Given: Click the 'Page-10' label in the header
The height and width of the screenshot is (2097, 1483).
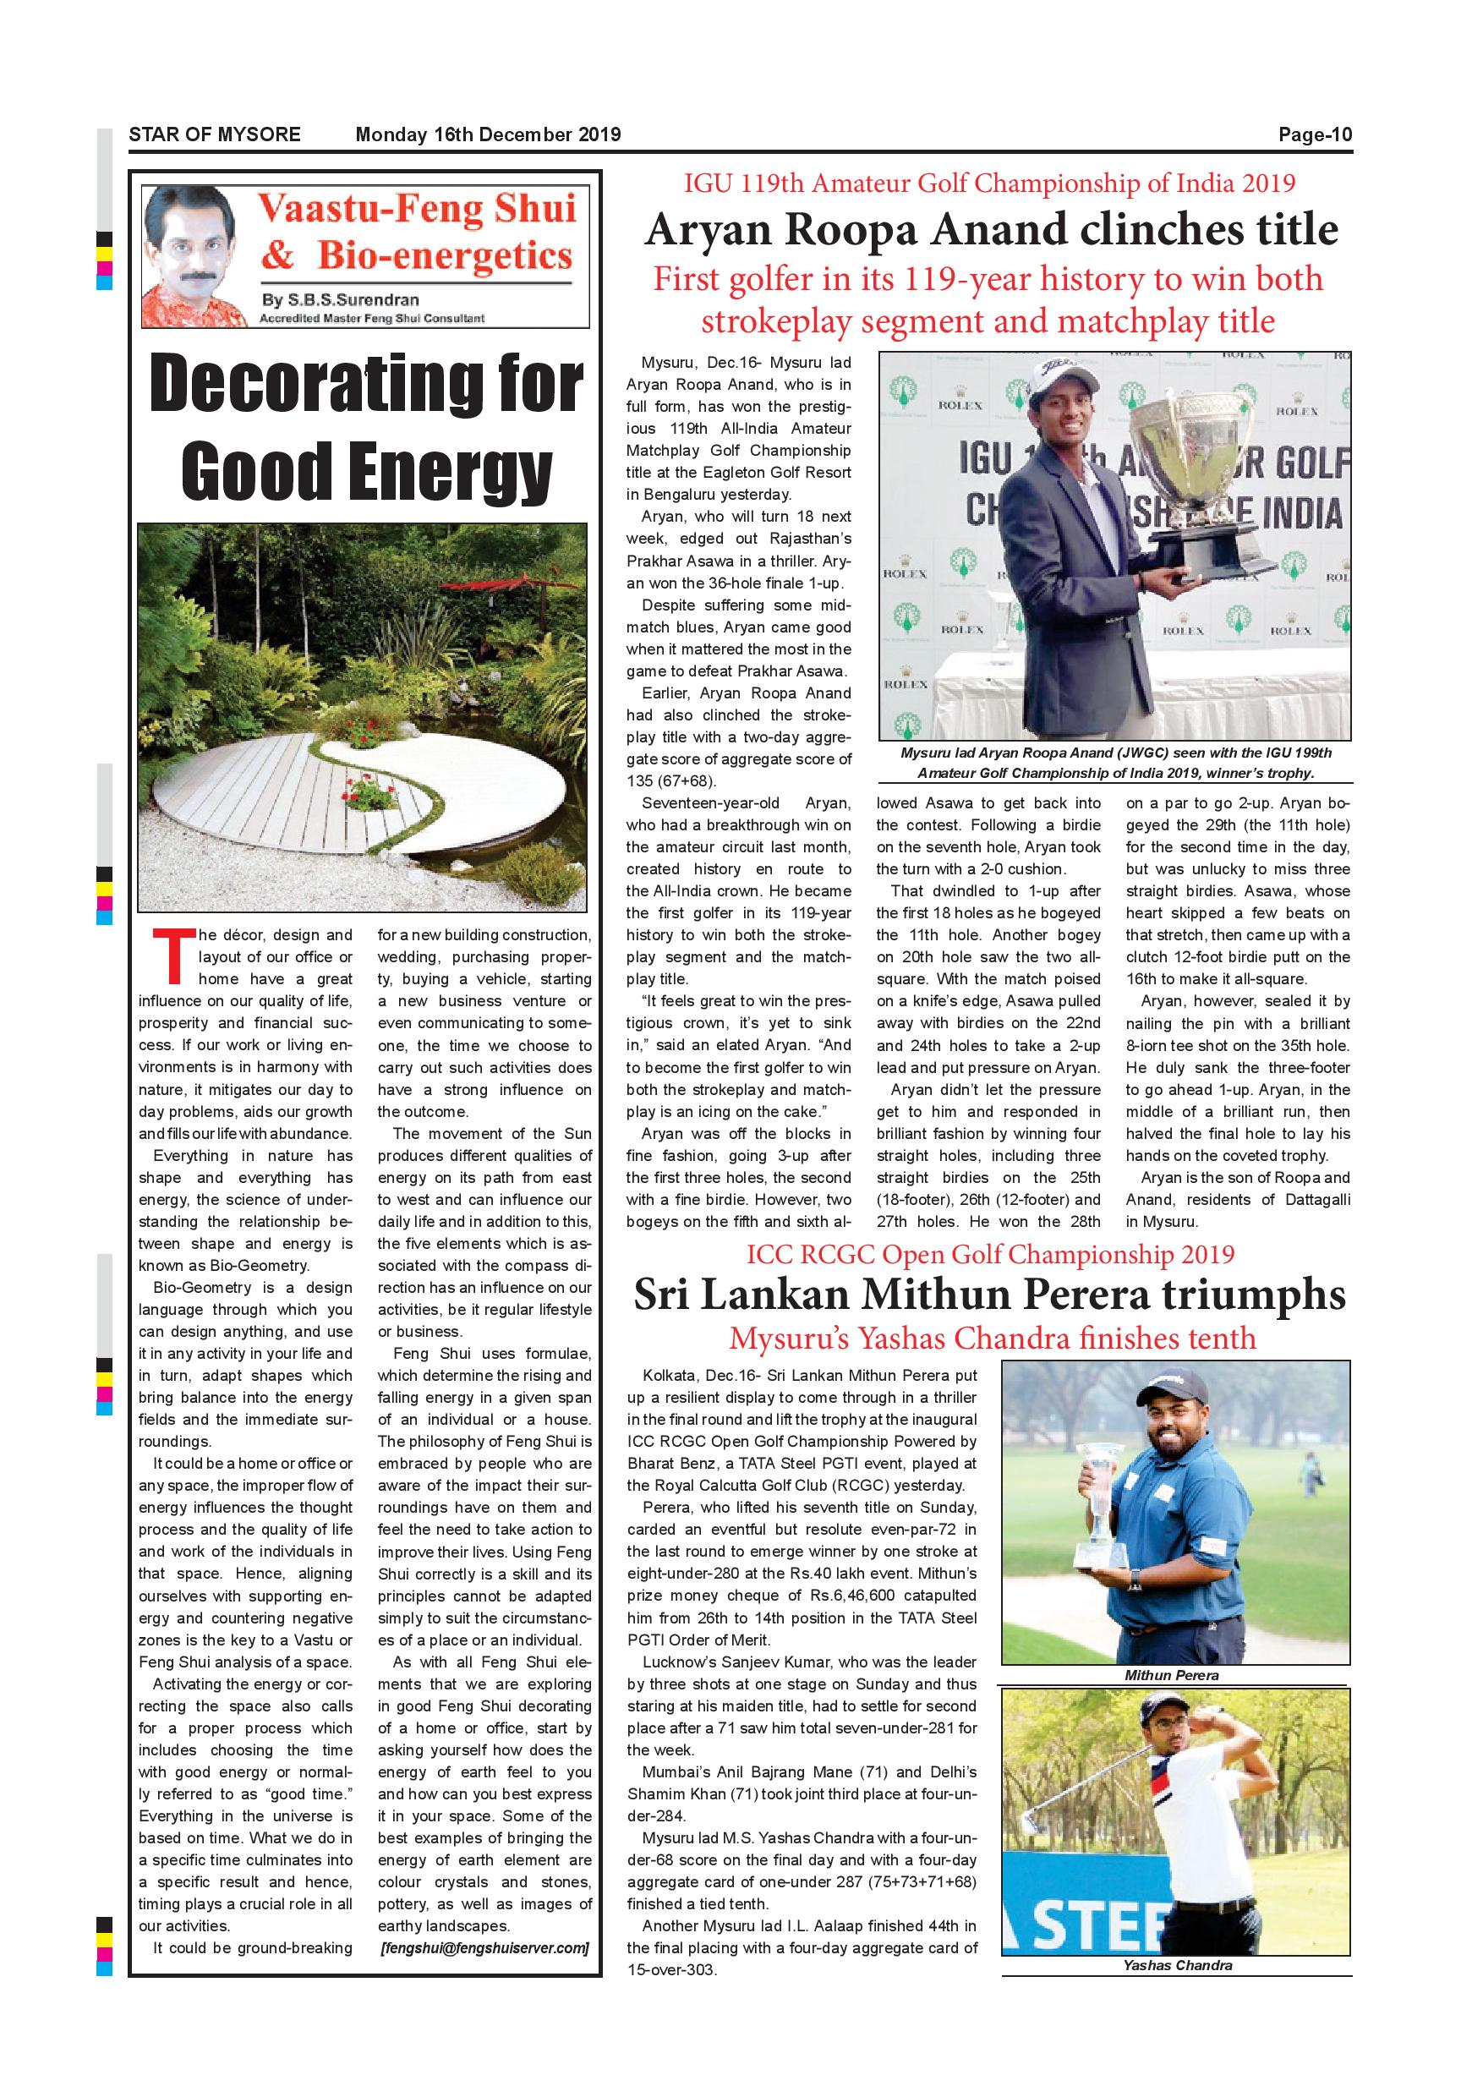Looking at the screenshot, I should click(1314, 135).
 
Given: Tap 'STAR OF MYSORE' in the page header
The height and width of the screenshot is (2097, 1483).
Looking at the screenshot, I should click(215, 135).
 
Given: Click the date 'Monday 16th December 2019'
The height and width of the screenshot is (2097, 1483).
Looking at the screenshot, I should click(488, 135).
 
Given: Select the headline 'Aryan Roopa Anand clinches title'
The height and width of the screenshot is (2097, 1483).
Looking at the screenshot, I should click(991, 229).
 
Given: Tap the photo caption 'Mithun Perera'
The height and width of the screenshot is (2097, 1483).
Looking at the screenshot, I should click(1172, 1675).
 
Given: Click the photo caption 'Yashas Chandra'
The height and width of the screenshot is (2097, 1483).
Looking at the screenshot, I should click(1178, 1965).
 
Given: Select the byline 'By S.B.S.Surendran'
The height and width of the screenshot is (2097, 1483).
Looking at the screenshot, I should click(340, 299).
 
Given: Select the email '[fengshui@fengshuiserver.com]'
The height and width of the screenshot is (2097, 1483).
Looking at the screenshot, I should click(484, 1947).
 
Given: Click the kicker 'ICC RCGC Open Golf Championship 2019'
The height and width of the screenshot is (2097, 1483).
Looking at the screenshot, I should click(990, 1254).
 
